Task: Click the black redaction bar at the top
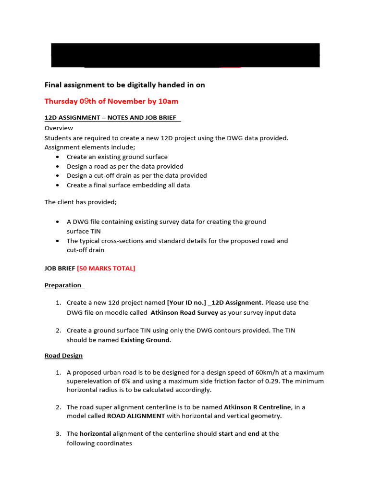tap(185, 55)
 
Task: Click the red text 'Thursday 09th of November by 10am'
tap(111, 101)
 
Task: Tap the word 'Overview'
tap(59, 128)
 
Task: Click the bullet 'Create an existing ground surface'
tap(117, 157)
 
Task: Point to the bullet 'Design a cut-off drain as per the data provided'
tap(137, 176)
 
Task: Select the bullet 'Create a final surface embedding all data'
tap(128, 185)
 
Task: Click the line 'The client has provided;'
tap(81, 202)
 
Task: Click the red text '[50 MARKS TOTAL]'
tap(106, 269)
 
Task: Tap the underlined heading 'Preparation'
tap(63, 285)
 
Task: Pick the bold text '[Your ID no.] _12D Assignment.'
tap(215, 303)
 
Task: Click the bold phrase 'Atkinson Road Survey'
tap(184, 313)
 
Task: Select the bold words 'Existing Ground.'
tap(146, 340)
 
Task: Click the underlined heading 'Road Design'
tap(63, 356)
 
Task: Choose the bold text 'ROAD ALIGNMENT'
tap(136, 416)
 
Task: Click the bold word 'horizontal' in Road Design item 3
tap(96, 434)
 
